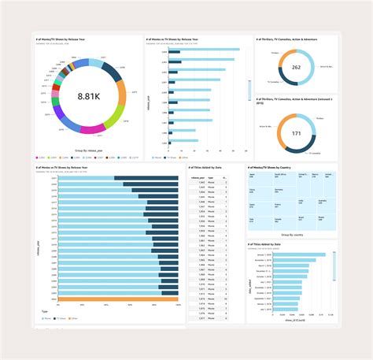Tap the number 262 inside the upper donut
pyautogui.click(x=297, y=68)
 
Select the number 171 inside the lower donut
pyautogui.click(x=297, y=133)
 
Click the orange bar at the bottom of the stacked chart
pyautogui.click(x=117, y=299)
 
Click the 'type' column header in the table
pyautogui.click(x=213, y=179)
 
